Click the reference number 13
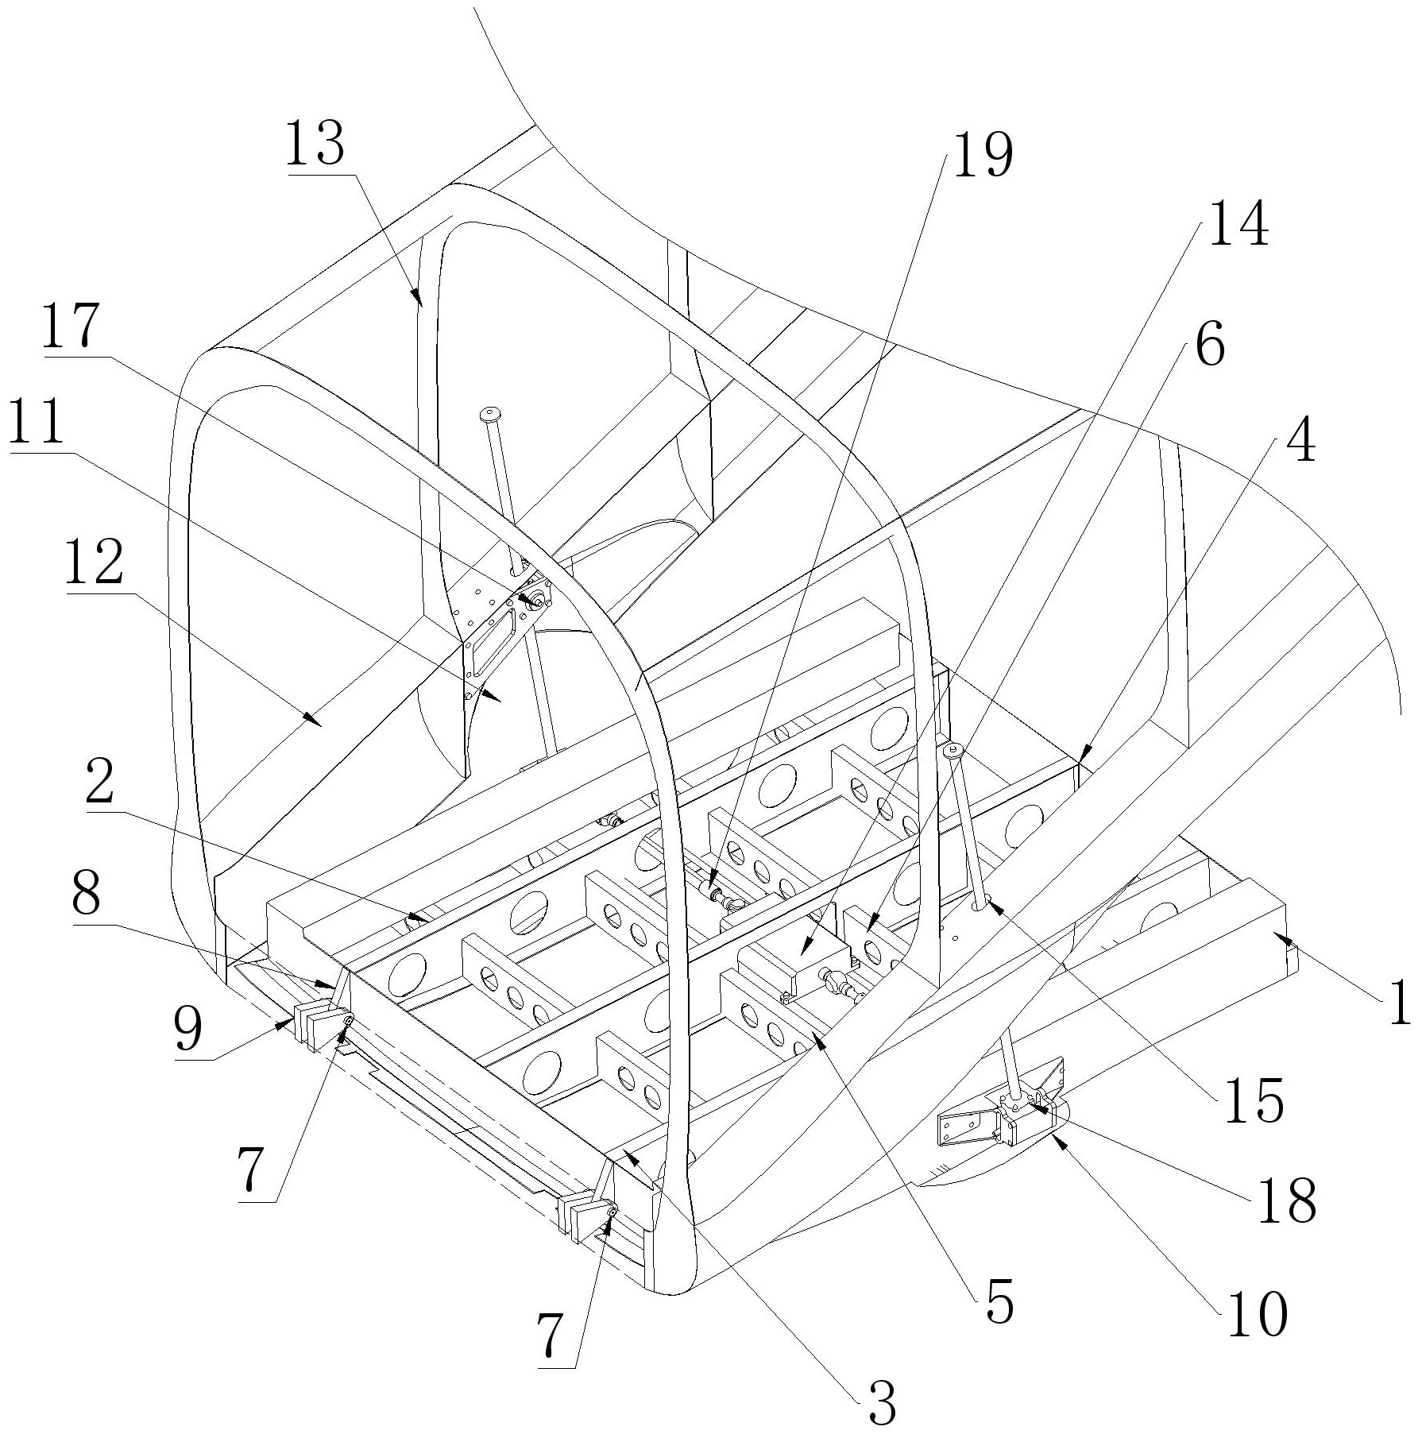tap(316, 144)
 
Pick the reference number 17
tap(71, 326)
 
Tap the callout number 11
tap(37, 423)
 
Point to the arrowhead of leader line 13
tap(418, 296)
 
